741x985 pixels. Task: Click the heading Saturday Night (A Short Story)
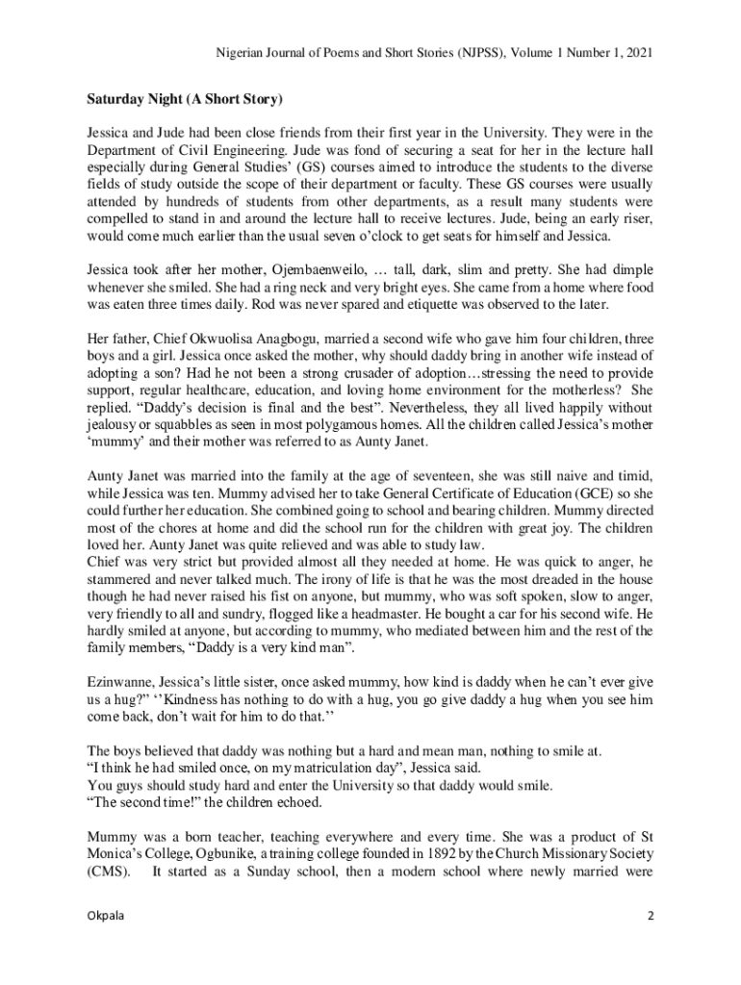(x=186, y=99)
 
